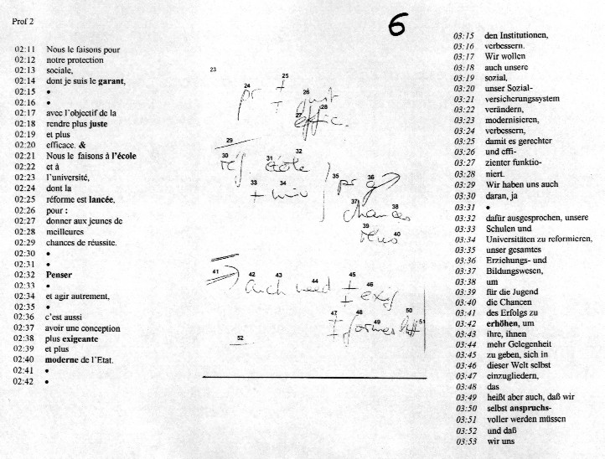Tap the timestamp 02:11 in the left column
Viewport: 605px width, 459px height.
pos(24,49)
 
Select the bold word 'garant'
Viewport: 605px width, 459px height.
pos(111,80)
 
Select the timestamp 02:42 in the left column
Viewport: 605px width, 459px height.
pos(24,381)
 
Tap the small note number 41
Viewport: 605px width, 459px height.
pos(215,272)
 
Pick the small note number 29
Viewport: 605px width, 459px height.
pos(230,140)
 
